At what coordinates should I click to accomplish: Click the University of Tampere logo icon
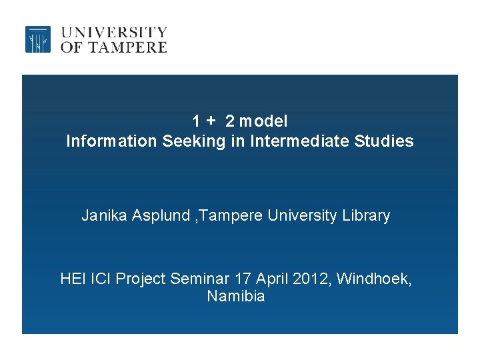(x=38, y=39)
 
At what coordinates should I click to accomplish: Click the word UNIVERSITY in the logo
(x=114, y=32)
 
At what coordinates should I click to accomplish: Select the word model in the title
(x=263, y=121)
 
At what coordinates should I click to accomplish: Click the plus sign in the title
(x=211, y=121)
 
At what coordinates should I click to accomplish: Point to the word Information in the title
(x=110, y=141)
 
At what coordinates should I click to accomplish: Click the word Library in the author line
(x=367, y=216)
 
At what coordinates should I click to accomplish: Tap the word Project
(x=141, y=279)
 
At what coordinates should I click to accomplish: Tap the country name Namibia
(x=236, y=296)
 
